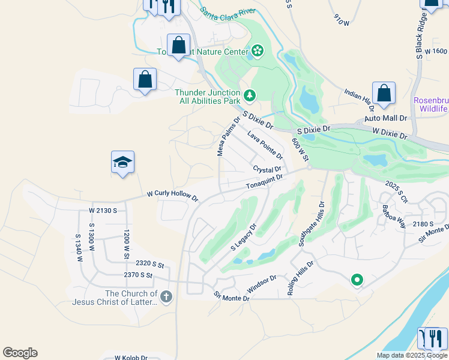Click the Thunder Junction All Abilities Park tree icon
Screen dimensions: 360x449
pos(249,95)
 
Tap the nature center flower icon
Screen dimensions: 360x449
pos(258,52)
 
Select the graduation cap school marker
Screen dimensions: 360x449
pos(122,162)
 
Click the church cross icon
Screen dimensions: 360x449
pos(166,296)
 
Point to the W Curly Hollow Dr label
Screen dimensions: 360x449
pos(172,196)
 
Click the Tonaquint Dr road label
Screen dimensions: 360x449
pos(264,181)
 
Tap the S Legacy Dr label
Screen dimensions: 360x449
pos(244,238)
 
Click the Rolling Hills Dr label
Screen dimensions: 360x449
pos(300,278)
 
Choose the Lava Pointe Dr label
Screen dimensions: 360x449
pos(265,147)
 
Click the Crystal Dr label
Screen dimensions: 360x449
pos(267,170)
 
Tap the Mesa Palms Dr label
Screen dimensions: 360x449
pos(228,137)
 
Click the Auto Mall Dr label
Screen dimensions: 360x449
pos(386,119)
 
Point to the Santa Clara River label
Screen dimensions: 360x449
pos(228,11)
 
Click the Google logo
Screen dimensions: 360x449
pos(20,353)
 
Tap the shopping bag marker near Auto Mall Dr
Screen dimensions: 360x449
pos(384,93)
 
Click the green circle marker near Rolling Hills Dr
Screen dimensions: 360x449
pos(357,280)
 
